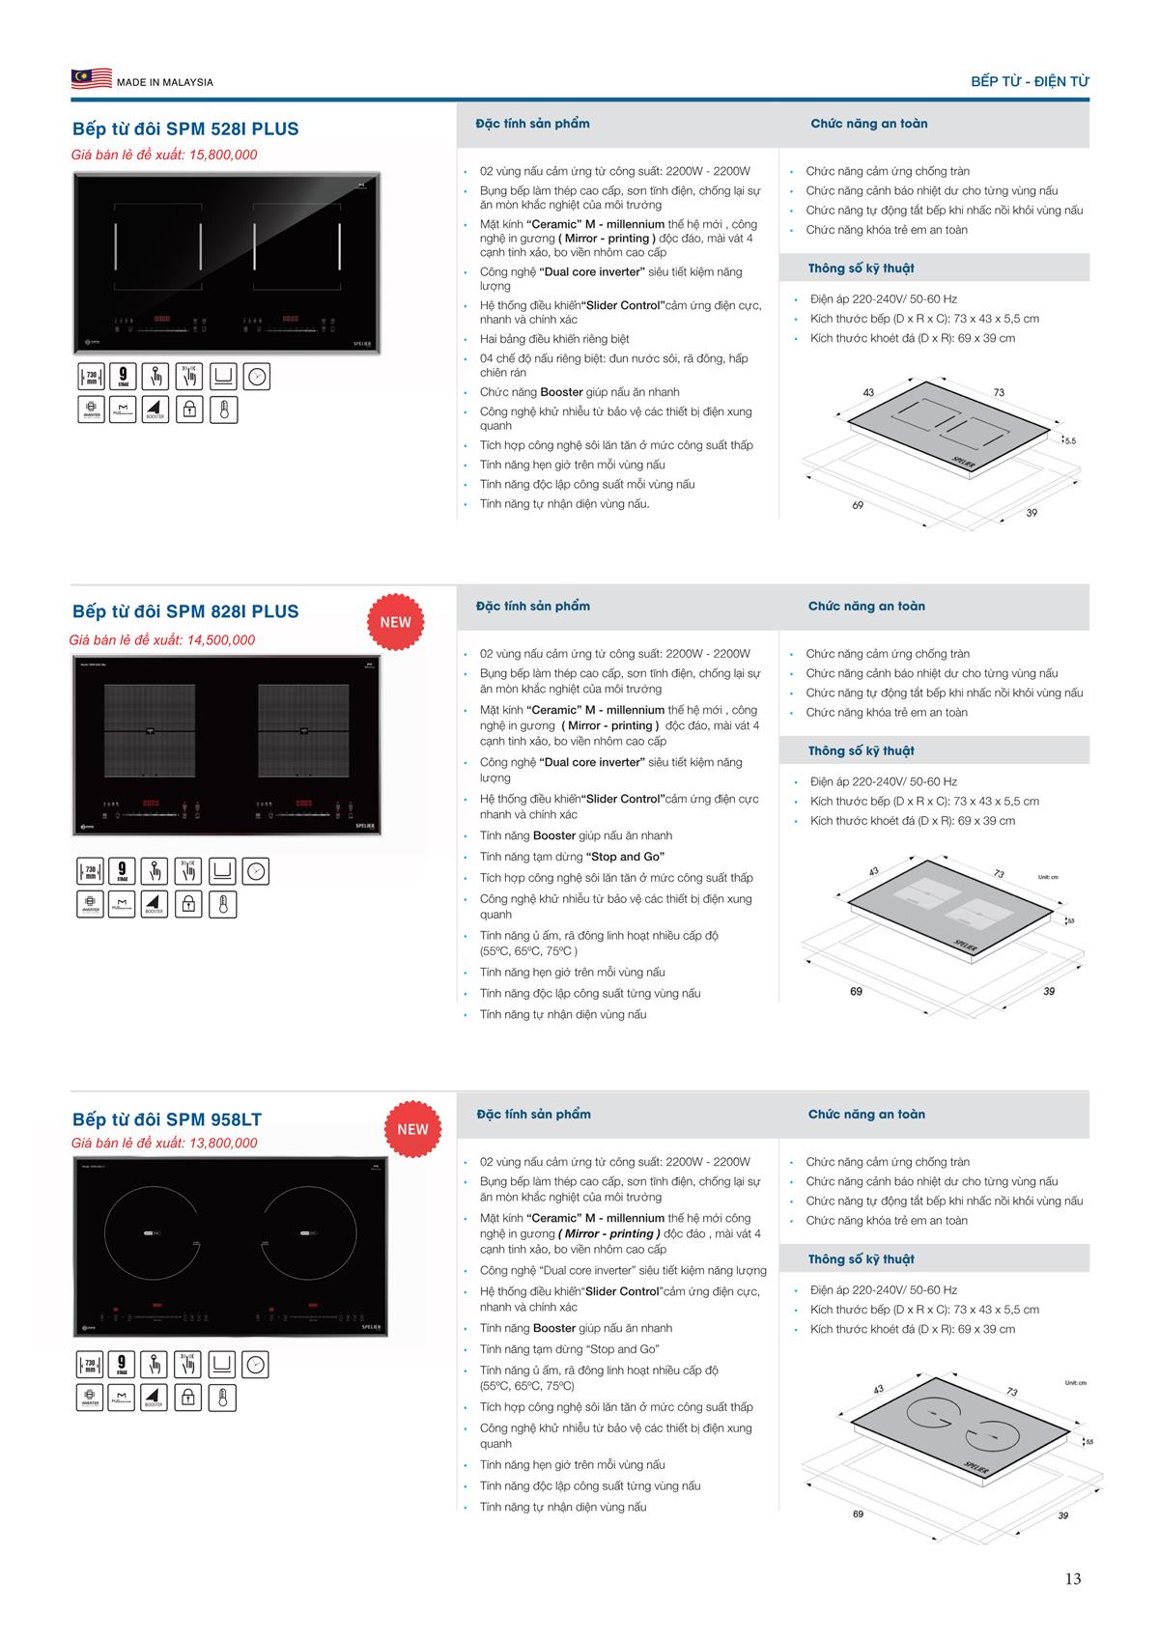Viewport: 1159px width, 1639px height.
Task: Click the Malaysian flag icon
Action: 91,79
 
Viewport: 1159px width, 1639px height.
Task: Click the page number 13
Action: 1073,1578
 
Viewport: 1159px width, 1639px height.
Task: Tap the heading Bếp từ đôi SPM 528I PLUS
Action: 185,128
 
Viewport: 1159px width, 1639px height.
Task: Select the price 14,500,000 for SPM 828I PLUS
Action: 221,639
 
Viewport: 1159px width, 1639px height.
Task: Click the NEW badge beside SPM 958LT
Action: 412,1129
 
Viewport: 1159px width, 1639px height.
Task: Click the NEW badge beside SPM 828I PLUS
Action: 395,622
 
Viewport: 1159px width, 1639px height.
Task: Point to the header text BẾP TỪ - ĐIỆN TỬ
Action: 1030,82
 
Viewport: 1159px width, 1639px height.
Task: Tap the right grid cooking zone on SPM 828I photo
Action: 303,730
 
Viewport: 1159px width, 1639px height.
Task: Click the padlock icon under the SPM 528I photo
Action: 189,410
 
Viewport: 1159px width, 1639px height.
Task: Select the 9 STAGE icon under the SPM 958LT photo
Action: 123,1365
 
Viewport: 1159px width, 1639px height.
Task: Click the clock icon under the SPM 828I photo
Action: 256,871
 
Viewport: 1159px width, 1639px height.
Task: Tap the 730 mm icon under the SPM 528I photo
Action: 91,377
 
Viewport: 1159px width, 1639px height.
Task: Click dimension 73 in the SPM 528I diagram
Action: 999,392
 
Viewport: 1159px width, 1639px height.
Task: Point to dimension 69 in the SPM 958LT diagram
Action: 858,1513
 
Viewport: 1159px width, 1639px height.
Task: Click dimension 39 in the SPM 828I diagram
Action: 1049,991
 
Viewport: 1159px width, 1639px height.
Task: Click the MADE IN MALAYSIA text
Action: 165,82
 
